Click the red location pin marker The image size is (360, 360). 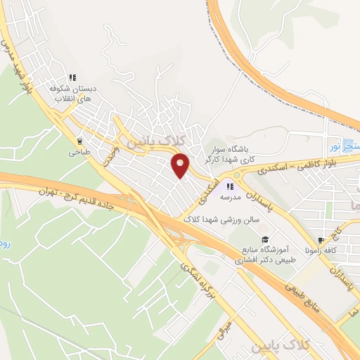pyautogui.click(x=181, y=165)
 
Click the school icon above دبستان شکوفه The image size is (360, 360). pyautogui.click(x=72, y=78)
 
